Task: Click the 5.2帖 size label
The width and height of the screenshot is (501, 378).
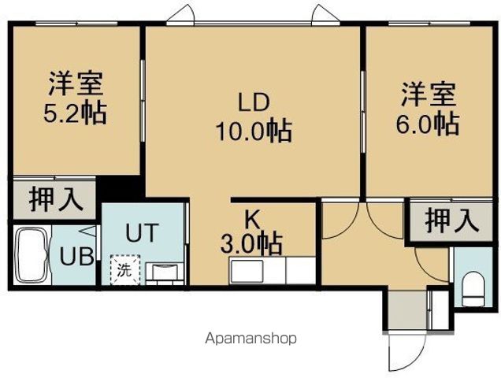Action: click(x=75, y=111)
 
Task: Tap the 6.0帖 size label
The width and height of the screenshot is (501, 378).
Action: click(x=428, y=122)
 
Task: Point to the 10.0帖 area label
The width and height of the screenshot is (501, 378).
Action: click(x=254, y=130)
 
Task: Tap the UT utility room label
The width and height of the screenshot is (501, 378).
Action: click(x=144, y=232)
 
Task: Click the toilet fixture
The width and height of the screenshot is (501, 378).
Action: click(x=473, y=289)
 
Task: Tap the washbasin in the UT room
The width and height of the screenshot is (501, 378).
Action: click(x=166, y=272)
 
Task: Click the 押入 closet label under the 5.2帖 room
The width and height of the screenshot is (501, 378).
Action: click(x=56, y=198)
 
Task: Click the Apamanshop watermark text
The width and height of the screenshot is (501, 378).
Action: click(x=250, y=339)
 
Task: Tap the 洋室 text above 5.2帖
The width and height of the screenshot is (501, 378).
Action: click(x=75, y=83)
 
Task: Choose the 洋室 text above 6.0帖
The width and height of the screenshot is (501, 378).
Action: click(x=428, y=94)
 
